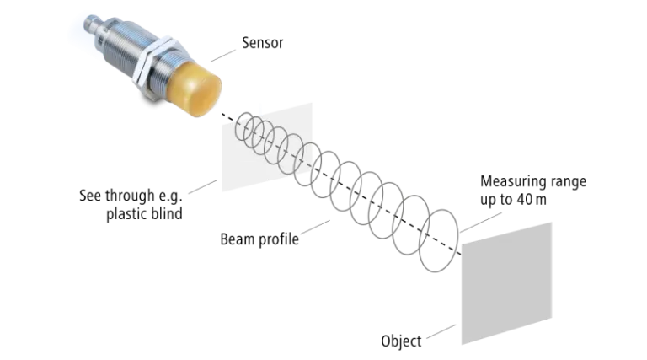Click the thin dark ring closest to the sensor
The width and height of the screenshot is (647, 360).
coord(244,130)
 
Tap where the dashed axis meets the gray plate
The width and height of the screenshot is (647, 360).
coord(463,251)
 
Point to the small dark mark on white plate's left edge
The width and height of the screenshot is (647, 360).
coord(218,179)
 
